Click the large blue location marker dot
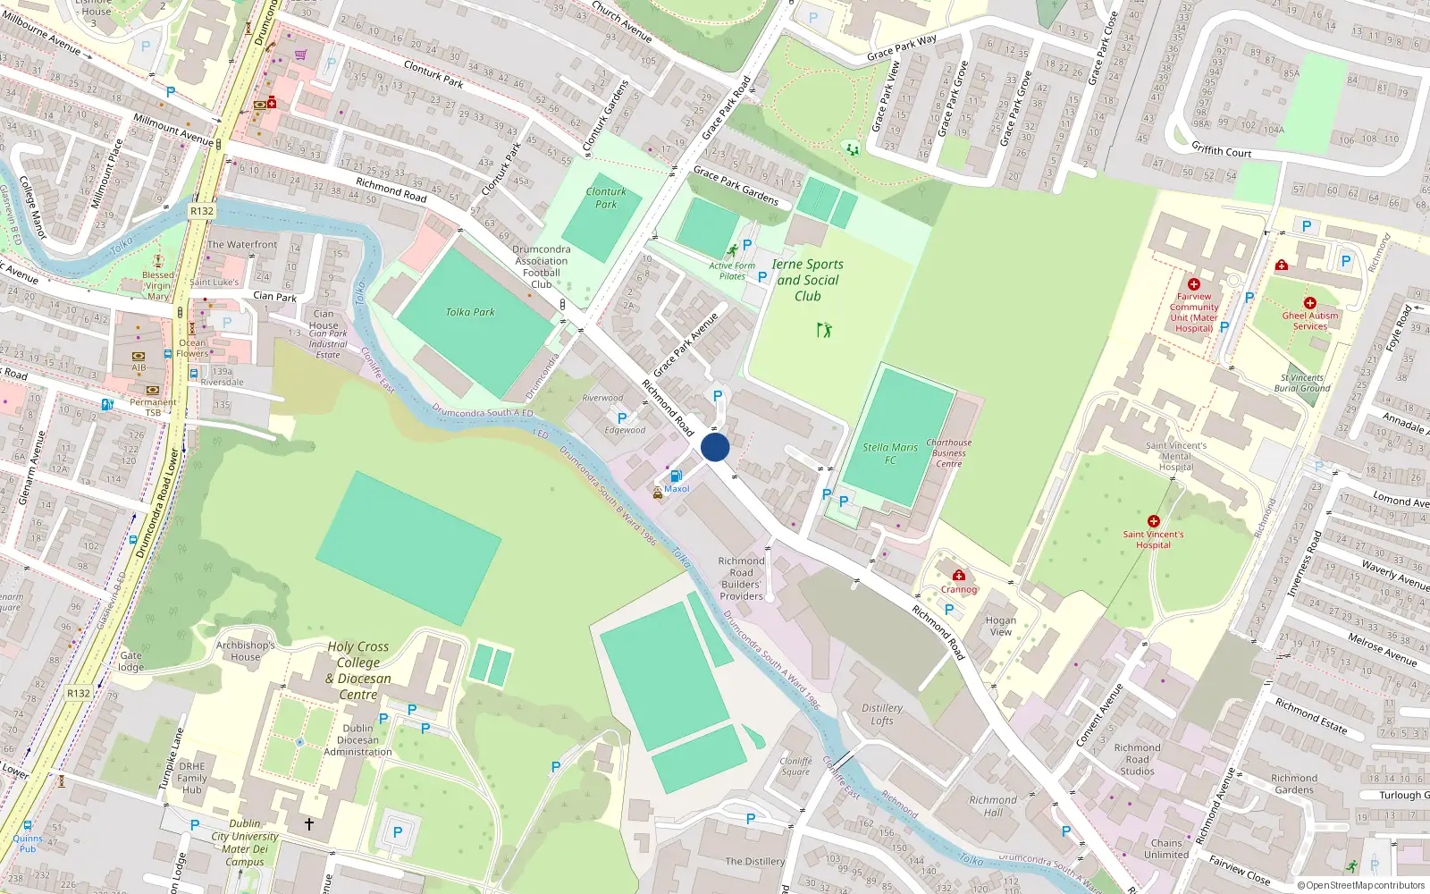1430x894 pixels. (715, 447)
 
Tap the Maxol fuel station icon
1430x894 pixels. (677, 477)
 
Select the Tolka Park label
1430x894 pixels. (470, 312)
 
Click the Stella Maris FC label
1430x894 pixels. (890, 453)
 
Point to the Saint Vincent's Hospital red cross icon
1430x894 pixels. (1154, 521)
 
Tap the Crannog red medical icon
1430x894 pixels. (959, 576)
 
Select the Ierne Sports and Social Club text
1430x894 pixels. (807, 280)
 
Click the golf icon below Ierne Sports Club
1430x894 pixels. (824, 330)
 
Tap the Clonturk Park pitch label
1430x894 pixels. (606, 198)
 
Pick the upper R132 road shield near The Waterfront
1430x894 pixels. (202, 212)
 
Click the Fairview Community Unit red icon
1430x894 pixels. (1194, 284)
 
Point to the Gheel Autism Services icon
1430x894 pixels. (1310, 303)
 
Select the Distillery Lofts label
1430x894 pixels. (882, 714)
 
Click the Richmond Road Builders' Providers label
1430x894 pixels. (742, 578)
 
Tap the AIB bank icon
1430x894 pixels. (139, 356)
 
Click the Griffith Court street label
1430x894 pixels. (1222, 150)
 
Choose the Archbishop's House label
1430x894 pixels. (246, 651)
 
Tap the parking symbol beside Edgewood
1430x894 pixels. (622, 417)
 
